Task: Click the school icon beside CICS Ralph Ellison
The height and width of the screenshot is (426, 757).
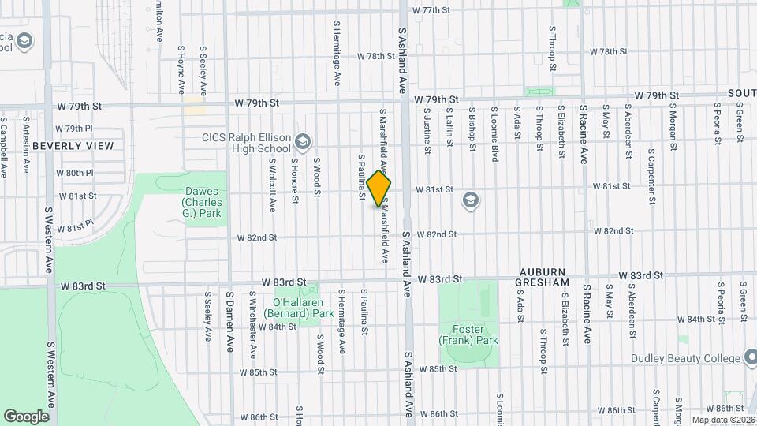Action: (x=302, y=142)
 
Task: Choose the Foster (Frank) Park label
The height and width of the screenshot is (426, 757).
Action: (x=469, y=334)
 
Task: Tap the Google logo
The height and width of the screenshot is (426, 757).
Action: (x=27, y=416)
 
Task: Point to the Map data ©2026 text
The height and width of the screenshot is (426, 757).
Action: (x=722, y=420)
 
